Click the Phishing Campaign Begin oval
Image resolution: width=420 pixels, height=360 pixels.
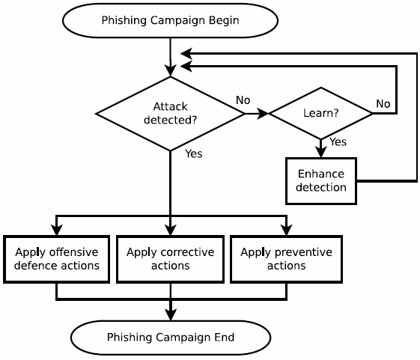click(x=170, y=20)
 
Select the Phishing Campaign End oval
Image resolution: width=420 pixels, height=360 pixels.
click(x=170, y=338)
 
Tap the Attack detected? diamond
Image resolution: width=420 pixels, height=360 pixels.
click(x=170, y=113)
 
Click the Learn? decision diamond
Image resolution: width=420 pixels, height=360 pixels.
click(x=320, y=113)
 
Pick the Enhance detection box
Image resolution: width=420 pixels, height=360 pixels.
click(x=320, y=180)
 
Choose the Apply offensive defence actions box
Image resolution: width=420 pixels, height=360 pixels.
click(x=57, y=259)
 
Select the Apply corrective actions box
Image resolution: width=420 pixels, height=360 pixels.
click(x=170, y=259)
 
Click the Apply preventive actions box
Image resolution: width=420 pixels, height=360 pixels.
click(x=286, y=259)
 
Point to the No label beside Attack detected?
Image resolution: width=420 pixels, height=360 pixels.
click(x=243, y=100)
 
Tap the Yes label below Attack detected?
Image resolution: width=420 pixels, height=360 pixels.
click(x=193, y=153)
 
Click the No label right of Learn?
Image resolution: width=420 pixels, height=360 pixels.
click(x=383, y=103)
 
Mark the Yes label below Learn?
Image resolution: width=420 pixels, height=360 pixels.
click(x=338, y=141)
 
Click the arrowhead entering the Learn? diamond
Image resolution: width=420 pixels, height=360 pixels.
click(x=263, y=114)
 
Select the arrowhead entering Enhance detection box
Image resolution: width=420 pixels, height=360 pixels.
click(x=320, y=153)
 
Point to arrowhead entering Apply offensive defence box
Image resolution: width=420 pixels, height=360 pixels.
click(x=57, y=231)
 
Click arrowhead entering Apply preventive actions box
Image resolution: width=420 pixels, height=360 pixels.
click(x=286, y=231)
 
